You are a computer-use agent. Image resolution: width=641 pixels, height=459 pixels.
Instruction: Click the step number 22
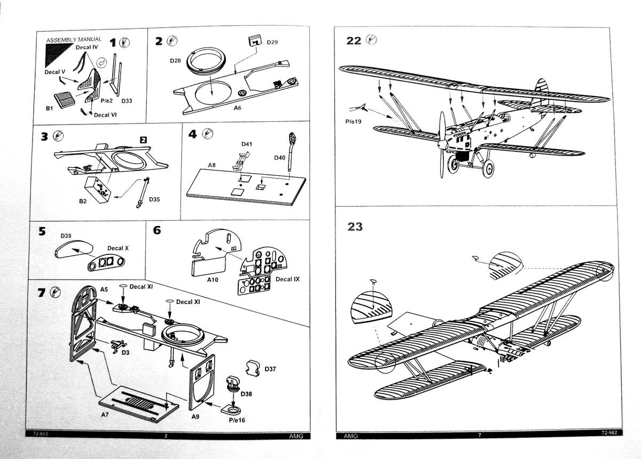tap(354, 41)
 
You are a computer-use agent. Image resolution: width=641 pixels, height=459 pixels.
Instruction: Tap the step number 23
tap(355, 227)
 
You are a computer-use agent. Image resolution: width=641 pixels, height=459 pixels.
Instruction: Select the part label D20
tap(176, 61)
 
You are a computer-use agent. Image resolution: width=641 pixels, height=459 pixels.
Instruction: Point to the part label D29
tap(272, 42)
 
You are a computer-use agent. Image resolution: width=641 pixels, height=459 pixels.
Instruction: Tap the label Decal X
tap(118, 248)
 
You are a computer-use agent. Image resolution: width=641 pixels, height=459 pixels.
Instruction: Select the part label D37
tap(270, 369)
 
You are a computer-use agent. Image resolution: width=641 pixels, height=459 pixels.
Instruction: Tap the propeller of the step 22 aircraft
tap(442, 144)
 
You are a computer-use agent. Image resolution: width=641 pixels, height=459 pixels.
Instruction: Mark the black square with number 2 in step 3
tap(143, 139)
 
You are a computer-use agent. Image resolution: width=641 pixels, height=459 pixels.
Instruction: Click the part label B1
tap(50, 108)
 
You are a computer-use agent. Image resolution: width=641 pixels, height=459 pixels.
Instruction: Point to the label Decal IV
tap(87, 48)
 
